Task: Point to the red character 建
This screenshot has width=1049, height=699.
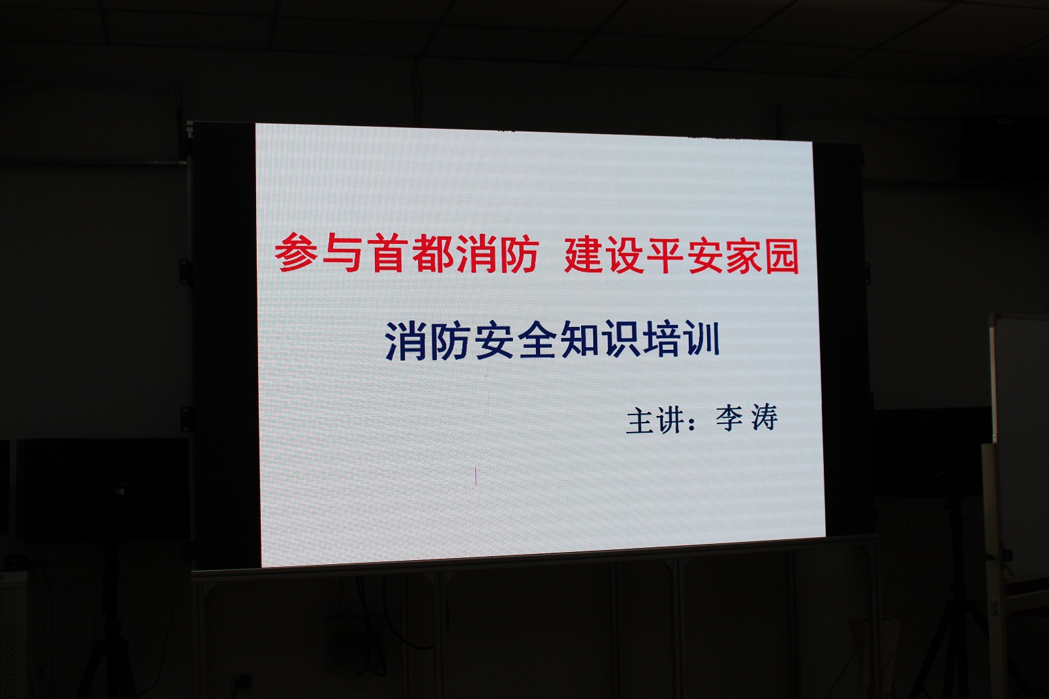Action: pyautogui.click(x=582, y=255)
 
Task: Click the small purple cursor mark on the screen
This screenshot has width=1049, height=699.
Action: pyautogui.click(x=475, y=476)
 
